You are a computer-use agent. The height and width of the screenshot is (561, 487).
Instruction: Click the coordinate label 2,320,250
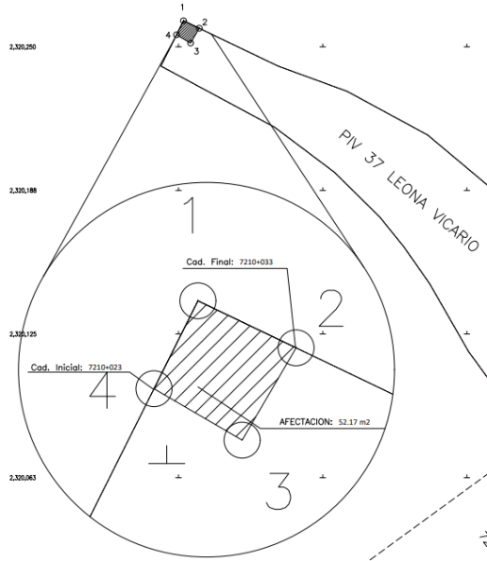(x=23, y=47)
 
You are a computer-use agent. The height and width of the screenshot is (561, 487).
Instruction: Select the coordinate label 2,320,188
(x=23, y=191)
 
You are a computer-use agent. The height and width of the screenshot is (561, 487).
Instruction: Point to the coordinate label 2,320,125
(x=23, y=334)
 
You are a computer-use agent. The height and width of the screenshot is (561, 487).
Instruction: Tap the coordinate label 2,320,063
(x=23, y=478)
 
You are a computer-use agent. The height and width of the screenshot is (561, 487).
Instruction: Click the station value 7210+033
(x=256, y=262)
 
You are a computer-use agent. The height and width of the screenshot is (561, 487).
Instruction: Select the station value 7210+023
(x=105, y=367)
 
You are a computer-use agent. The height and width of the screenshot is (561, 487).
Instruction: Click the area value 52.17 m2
(x=354, y=422)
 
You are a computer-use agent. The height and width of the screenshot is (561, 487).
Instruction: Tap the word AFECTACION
(x=306, y=422)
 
